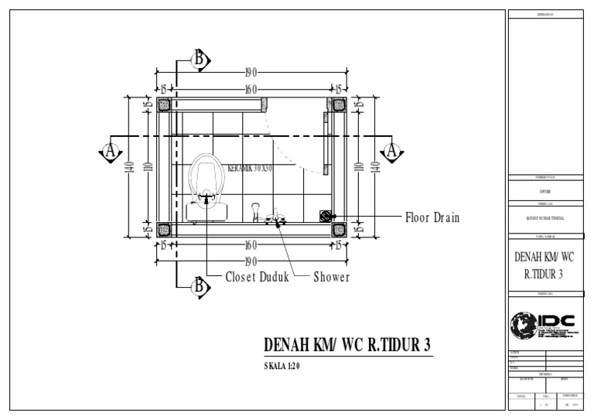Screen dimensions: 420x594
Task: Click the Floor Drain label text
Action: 432,218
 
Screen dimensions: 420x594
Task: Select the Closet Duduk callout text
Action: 256,277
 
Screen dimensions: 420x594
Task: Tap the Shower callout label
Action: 331,277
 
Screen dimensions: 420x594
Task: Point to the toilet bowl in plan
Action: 206,174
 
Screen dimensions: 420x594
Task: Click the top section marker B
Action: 199,59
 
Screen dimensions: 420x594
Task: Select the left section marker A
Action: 111,151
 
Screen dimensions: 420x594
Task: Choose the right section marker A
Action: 392,151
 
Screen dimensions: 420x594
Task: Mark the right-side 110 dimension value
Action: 357,166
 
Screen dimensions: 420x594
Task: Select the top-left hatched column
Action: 164,104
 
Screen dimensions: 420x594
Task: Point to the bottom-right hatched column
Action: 338,228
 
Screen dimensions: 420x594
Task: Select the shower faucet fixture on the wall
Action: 275,219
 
